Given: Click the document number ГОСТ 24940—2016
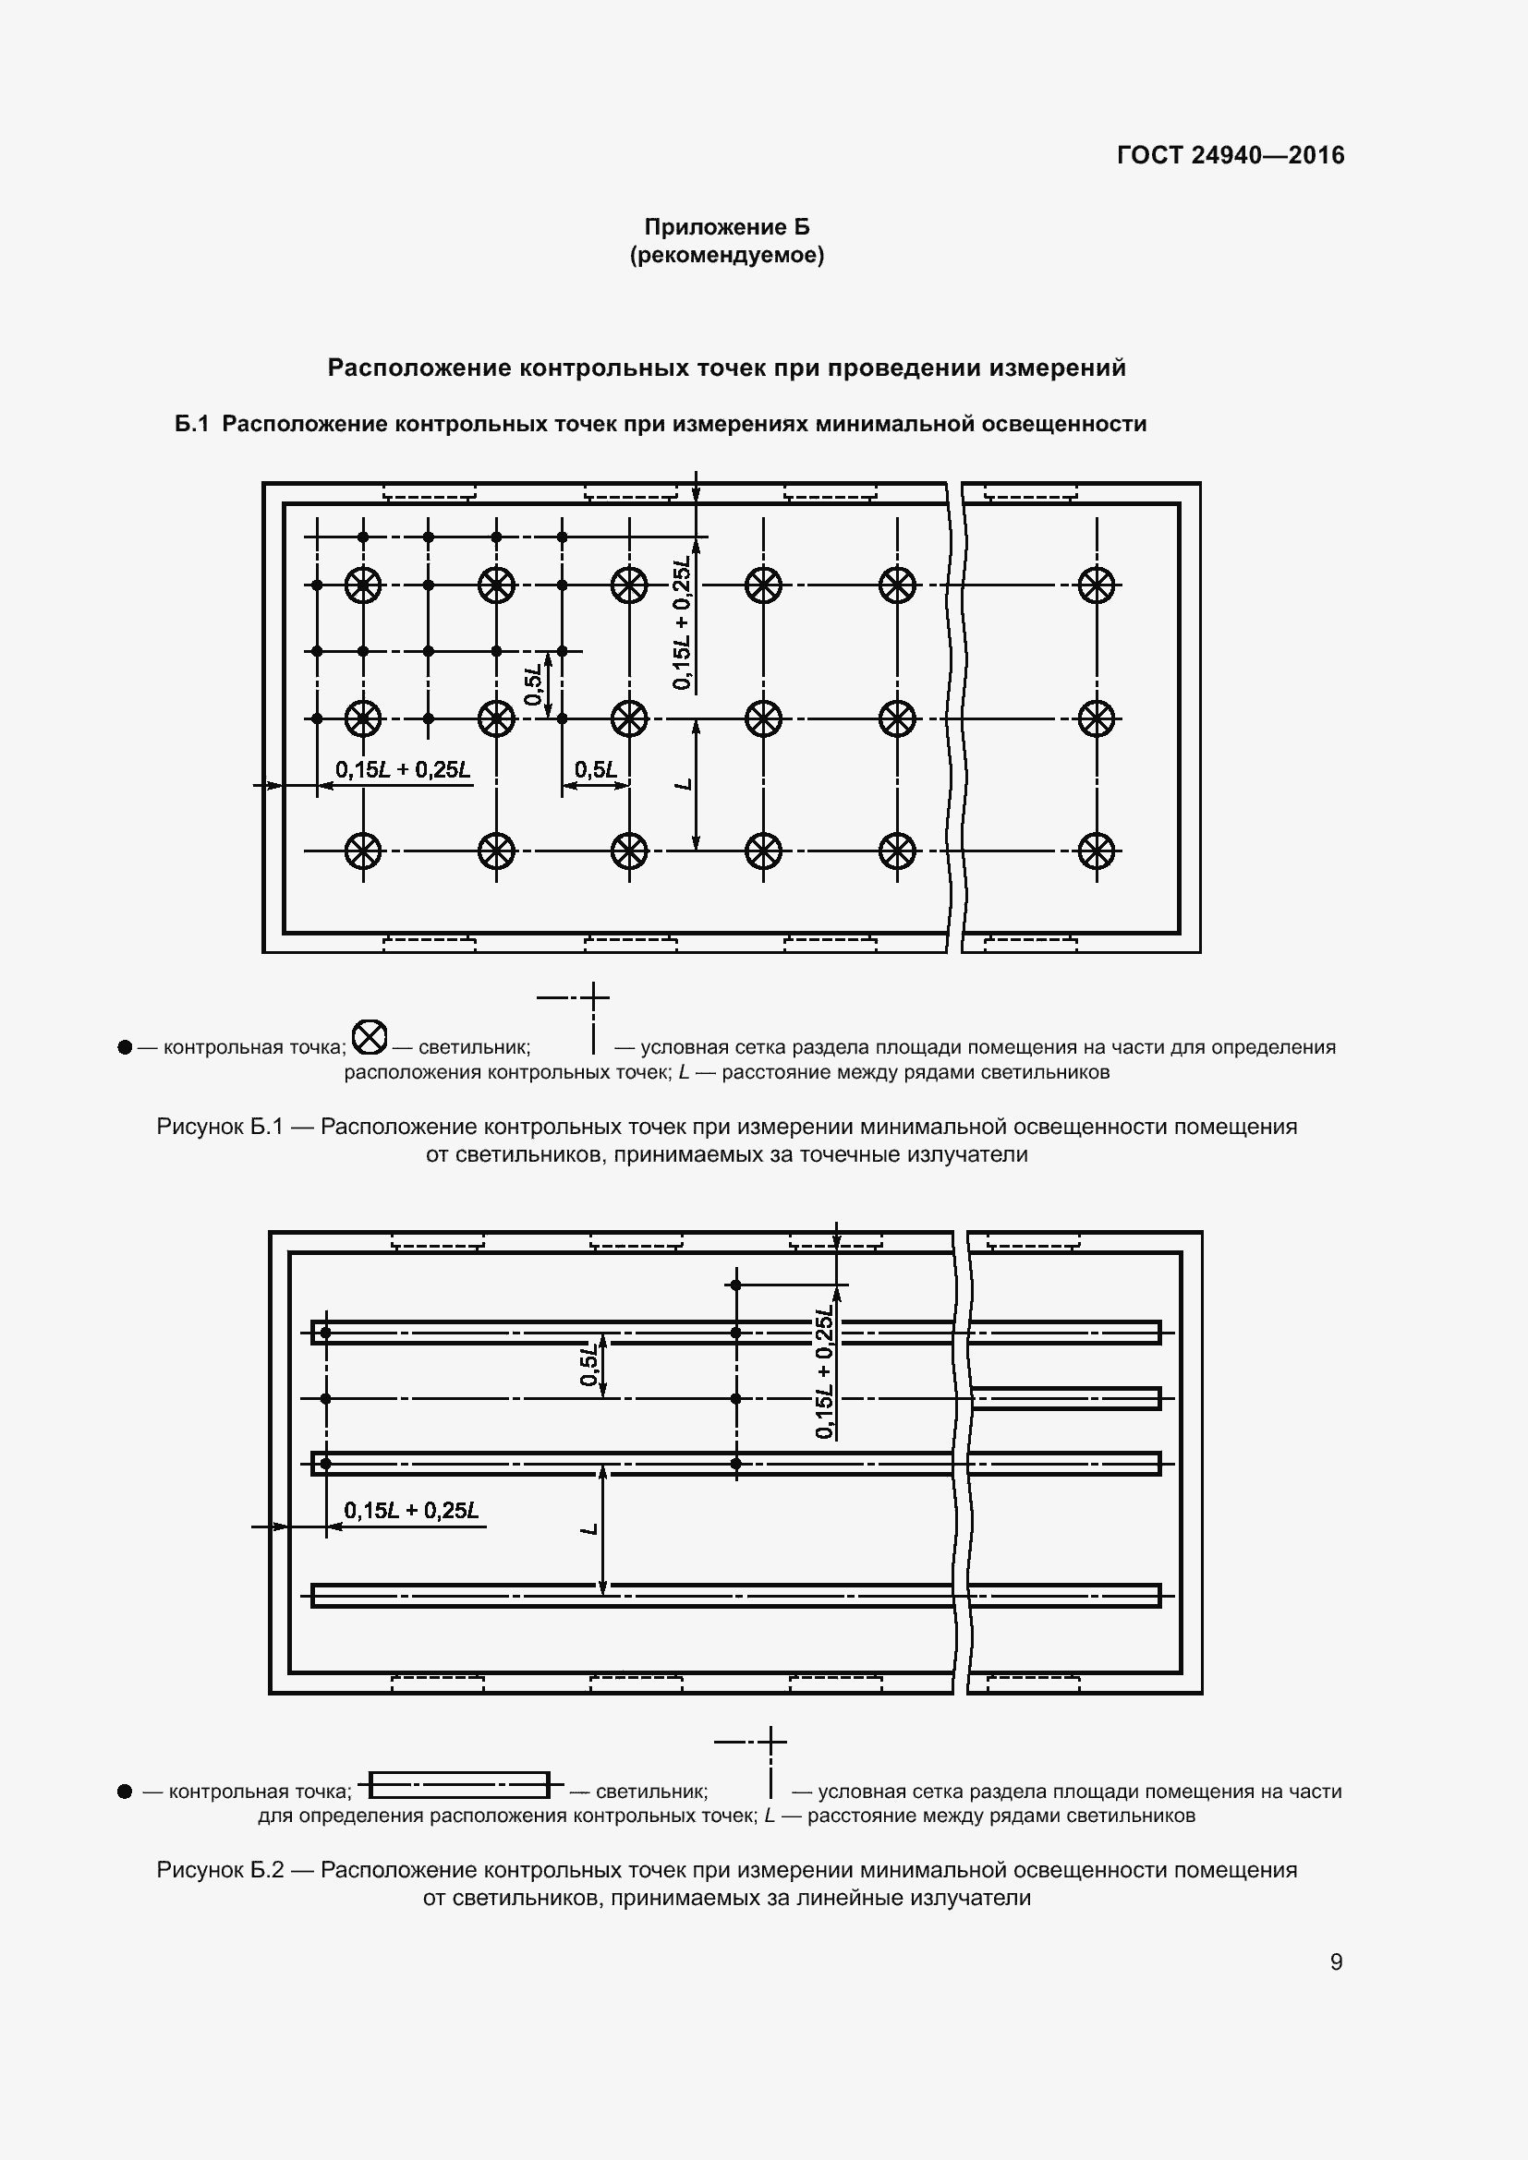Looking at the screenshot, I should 1230,155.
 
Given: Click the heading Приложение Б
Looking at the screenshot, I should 726,227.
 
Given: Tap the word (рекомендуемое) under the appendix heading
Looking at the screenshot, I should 726,255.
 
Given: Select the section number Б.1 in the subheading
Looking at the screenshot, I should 191,424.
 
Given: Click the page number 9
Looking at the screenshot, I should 1336,1961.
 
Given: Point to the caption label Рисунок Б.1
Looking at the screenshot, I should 220,1127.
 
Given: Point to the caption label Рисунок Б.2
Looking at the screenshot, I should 220,1870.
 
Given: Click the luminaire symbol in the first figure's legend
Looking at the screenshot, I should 369,1037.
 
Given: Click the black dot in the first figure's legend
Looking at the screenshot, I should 125,1047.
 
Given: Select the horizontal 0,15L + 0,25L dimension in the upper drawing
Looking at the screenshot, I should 403,770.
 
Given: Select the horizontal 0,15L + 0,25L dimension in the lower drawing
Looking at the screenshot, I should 411,1511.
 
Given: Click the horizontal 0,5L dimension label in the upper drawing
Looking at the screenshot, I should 596,770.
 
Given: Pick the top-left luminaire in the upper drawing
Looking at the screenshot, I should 363,585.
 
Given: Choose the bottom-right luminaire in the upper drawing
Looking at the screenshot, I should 1097,851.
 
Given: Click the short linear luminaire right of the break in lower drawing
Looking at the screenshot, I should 1065,1398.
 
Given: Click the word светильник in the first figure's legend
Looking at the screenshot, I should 474,1047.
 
